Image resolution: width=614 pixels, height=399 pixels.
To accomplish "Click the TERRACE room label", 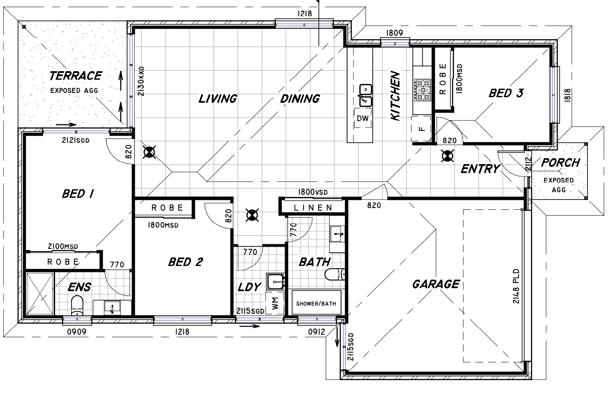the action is [x=75, y=76].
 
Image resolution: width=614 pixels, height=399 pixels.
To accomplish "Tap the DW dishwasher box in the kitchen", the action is [x=362, y=118].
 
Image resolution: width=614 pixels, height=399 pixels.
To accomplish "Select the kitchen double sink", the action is [x=366, y=95].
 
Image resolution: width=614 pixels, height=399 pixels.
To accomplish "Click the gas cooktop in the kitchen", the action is [x=423, y=90].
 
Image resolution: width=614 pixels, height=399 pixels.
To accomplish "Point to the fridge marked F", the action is [x=421, y=129].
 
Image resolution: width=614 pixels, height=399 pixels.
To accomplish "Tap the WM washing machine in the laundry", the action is [x=275, y=304].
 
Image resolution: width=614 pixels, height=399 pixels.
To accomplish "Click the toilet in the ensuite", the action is [x=77, y=305].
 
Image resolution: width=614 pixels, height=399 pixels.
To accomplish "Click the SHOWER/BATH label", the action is [x=316, y=304].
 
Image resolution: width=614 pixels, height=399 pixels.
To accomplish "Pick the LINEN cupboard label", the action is [x=313, y=208].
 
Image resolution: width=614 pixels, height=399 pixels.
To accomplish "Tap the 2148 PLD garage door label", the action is [x=516, y=286].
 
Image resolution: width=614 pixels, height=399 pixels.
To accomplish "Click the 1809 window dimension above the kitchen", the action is [x=394, y=33].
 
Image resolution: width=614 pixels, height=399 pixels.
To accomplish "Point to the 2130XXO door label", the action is [x=141, y=81].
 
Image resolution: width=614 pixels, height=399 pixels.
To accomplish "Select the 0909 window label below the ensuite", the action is [x=77, y=332].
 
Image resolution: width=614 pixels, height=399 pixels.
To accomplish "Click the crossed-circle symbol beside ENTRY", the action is [x=447, y=156].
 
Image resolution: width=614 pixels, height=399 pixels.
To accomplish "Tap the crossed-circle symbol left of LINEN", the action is [x=252, y=215].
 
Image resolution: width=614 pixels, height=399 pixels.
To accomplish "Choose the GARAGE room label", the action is [x=436, y=284].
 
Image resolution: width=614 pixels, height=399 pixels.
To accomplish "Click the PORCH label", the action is [x=561, y=163].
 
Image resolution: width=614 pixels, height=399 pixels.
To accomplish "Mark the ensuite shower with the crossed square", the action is [x=40, y=293].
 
